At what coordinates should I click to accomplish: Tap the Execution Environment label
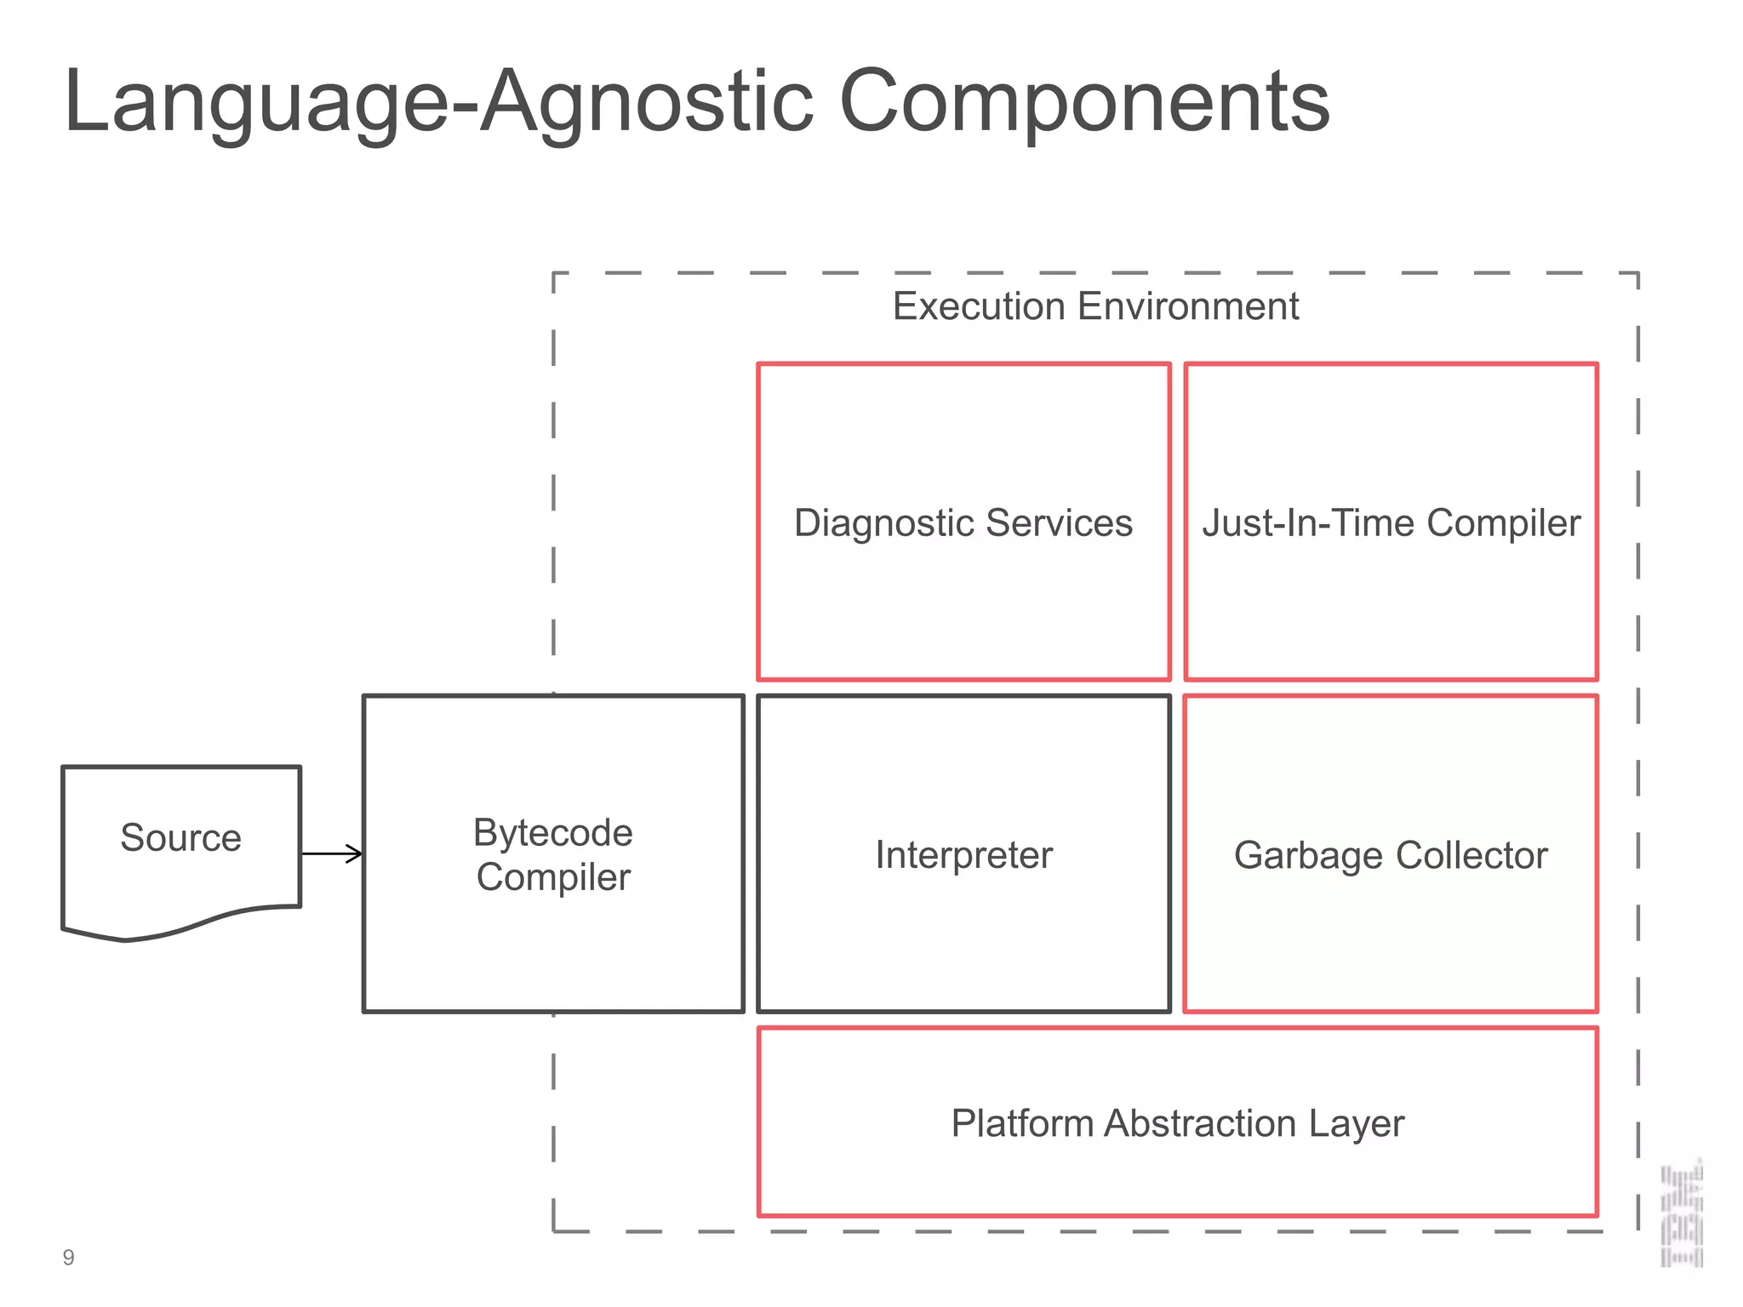coord(1094,306)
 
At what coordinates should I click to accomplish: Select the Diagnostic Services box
coord(963,596)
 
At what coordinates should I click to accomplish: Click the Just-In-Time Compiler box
coord(1391,596)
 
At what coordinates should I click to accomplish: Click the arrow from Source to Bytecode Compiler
coord(332,853)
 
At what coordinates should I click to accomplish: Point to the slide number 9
coord(69,1258)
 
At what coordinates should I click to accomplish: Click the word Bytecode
coord(553,832)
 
